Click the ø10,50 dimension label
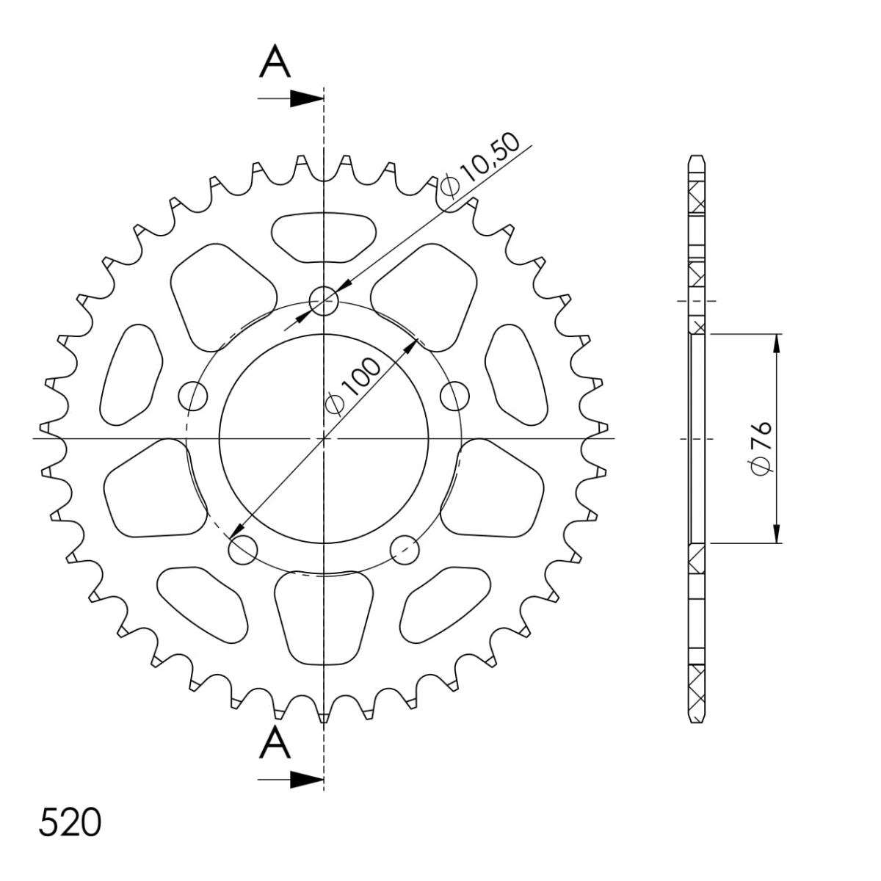tap(480, 166)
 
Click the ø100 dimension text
tap(352, 387)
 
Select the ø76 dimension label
tap(761, 446)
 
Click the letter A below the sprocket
tap(275, 743)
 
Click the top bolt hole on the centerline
tap(324, 301)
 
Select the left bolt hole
tap(193, 396)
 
